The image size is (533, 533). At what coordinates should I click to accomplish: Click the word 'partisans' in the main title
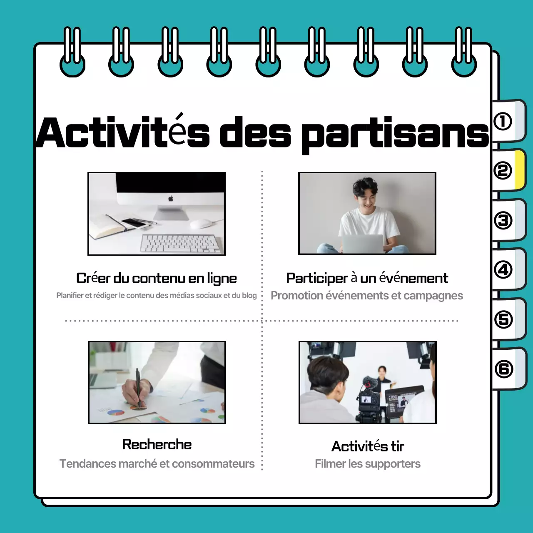[395, 133]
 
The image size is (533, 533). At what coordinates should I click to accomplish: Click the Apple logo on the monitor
[171, 199]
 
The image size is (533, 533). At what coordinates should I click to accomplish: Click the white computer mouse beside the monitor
[201, 223]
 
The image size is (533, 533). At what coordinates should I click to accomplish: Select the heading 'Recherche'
[157, 445]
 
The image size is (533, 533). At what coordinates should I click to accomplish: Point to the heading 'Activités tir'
[368, 446]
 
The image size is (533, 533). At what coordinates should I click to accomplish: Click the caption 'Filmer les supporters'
[368, 464]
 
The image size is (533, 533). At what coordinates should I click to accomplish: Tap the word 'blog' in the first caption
[249, 296]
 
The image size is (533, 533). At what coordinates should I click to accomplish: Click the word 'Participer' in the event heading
[316, 278]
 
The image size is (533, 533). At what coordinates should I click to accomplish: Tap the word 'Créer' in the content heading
[93, 278]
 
